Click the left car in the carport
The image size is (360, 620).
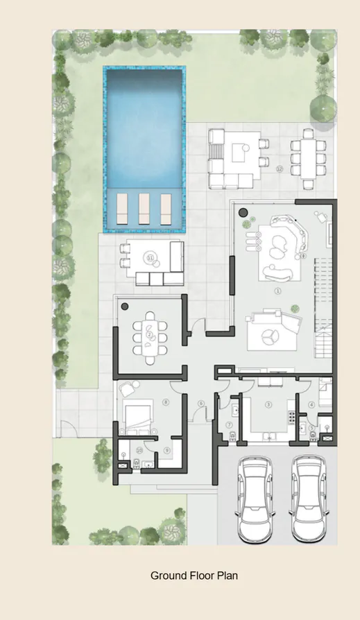click(x=257, y=499)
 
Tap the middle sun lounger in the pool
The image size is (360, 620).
click(x=144, y=207)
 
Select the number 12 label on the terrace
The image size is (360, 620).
click(x=280, y=169)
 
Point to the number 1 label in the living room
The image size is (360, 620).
click(x=278, y=291)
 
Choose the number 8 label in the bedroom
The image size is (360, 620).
click(x=165, y=402)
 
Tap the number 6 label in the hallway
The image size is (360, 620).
click(x=201, y=404)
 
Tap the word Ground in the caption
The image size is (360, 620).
click(x=166, y=576)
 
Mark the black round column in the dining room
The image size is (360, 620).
click(x=124, y=306)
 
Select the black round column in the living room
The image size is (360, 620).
click(x=243, y=212)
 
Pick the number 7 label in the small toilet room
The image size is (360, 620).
click(x=228, y=424)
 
